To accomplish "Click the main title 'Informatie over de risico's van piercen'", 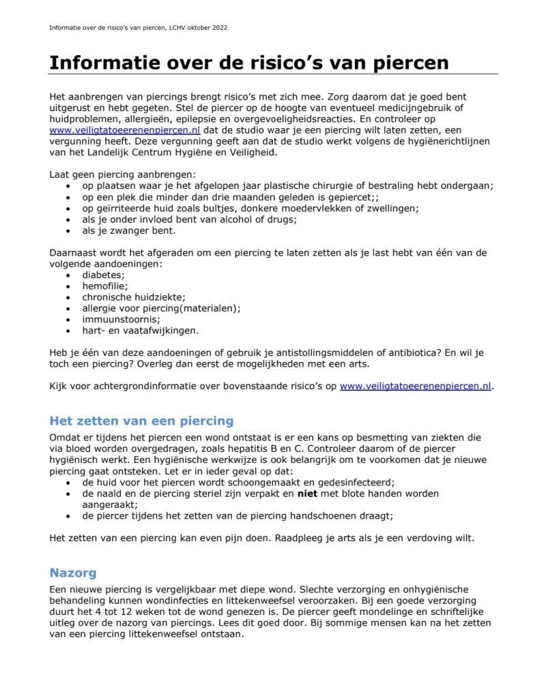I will point(248,63).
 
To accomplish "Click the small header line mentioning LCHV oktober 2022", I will point(139,28).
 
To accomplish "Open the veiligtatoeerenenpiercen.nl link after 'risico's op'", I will point(416,385).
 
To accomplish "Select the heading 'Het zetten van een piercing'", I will point(141,421).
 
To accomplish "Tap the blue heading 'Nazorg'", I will point(73,573).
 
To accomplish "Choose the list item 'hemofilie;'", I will point(105,286).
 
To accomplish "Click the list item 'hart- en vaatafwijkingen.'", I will point(141,330).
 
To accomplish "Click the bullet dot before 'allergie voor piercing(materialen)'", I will point(68,308).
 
